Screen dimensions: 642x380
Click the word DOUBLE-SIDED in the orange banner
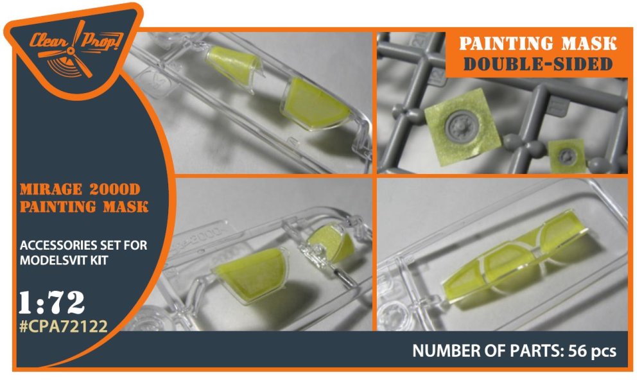[538, 64]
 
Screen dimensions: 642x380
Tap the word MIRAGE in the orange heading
[51, 189]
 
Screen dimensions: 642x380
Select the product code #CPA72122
[64, 326]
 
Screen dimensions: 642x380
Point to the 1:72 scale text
[51, 302]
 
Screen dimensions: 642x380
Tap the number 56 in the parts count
[578, 350]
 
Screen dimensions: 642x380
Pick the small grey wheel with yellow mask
[567, 155]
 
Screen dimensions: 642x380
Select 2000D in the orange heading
[114, 189]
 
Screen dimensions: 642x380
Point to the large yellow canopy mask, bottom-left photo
[250, 275]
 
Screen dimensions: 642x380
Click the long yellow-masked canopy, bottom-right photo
[517, 256]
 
